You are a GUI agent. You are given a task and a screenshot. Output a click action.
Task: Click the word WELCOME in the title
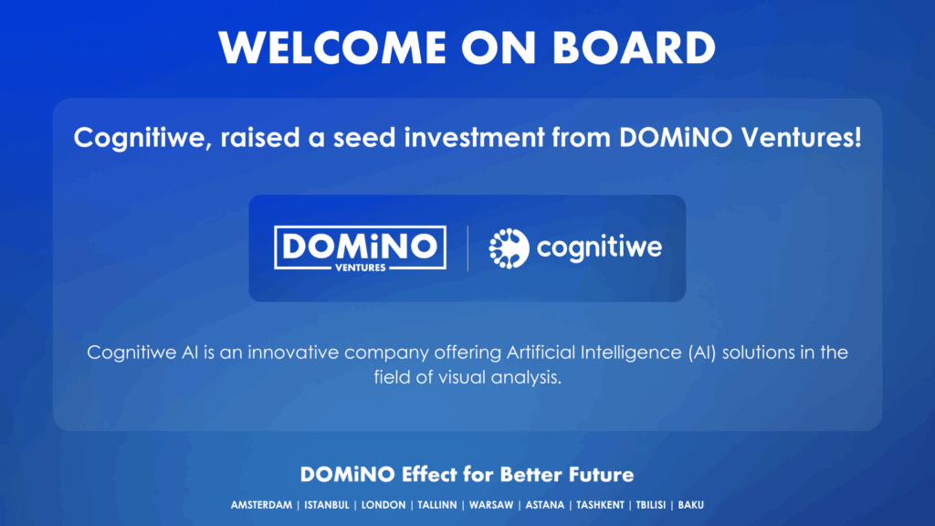[332, 47]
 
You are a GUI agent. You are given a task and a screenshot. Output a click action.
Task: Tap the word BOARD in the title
[634, 47]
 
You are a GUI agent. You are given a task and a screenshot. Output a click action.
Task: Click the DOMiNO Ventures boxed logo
[360, 248]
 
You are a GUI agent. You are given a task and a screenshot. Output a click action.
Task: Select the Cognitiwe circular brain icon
[509, 248]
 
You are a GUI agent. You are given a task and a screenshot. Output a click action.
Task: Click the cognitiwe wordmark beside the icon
[599, 247]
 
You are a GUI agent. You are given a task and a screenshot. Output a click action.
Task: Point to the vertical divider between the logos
[467, 248]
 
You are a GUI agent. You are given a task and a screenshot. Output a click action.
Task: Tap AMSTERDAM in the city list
[261, 505]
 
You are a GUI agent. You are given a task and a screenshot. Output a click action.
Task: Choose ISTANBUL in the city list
[327, 505]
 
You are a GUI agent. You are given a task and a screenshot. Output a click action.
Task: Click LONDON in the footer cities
[383, 505]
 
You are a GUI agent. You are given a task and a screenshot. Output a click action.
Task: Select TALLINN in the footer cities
[437, 505]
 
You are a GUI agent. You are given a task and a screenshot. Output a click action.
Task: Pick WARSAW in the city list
[491, 505]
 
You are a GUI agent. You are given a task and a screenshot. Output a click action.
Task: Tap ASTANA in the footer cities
[544, 505]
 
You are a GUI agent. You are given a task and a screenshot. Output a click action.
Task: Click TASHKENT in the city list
[600, 505]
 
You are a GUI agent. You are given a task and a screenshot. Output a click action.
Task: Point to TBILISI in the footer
[650, 505]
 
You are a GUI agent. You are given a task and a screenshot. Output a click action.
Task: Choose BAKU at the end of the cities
[691, 505]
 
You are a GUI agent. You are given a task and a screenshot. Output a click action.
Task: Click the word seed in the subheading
[364, 138]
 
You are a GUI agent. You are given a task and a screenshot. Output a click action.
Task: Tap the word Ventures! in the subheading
[802, 138]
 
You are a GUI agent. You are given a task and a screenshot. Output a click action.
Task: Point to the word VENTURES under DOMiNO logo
[360, 268]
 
